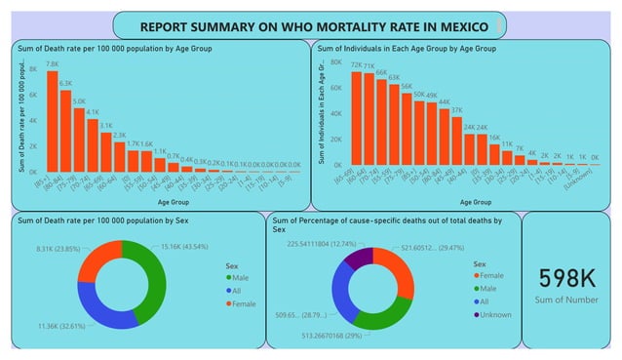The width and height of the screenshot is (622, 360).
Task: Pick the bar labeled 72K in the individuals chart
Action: pyautogui.click(x=357, y=118)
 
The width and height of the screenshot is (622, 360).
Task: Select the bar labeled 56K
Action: pyautogui.click(x=407, y=128)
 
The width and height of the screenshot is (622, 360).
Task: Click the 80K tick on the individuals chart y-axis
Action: pyautogui.click(x=334, y=61)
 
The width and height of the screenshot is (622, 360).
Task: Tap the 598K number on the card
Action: pyautogui.click(x=568, y=277)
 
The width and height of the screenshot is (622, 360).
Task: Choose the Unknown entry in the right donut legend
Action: pyautogui.click(x=495, y=314)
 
